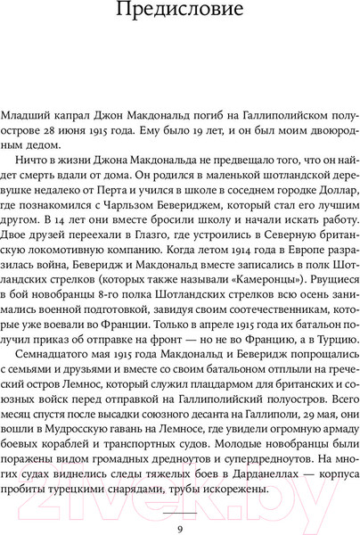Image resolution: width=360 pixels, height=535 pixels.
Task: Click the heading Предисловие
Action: (x=179, y=15)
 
